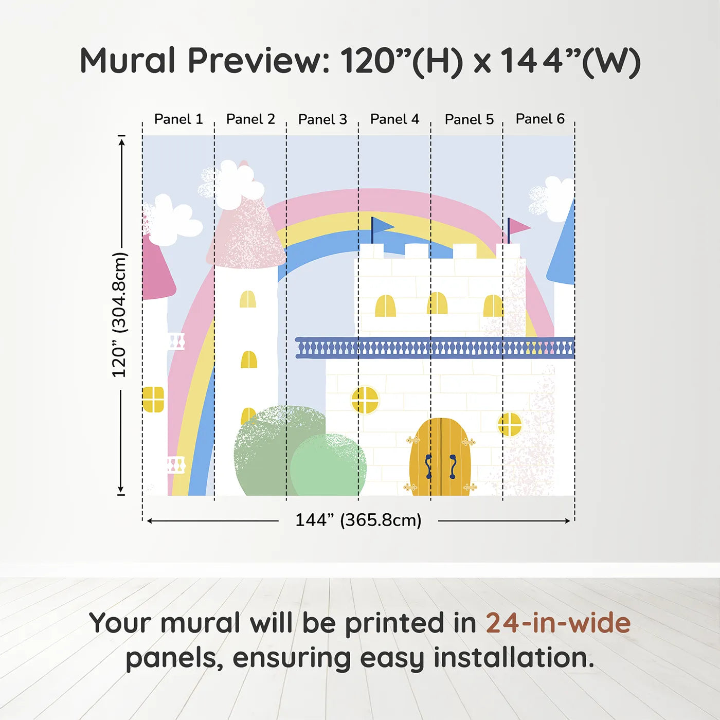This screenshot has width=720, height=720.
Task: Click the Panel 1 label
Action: [178, 119]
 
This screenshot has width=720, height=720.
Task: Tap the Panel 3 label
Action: [322, 119]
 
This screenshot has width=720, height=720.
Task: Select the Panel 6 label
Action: [540, 119]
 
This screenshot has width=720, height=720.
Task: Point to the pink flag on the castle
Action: [518, 227]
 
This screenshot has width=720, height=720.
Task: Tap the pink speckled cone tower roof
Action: [246, 231]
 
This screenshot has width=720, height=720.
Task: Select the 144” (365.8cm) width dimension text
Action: [358, 520]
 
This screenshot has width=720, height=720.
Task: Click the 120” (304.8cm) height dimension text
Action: [120, 315]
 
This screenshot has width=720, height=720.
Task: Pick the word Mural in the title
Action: [128, 61]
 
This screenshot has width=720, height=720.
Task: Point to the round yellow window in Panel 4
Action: [365, 400]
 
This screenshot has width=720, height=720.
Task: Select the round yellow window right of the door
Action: [510, 424]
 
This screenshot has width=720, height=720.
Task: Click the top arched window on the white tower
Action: [248, 299]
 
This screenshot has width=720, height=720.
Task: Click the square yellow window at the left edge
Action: [153, 400]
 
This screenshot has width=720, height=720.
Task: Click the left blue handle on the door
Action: [428, 466]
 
